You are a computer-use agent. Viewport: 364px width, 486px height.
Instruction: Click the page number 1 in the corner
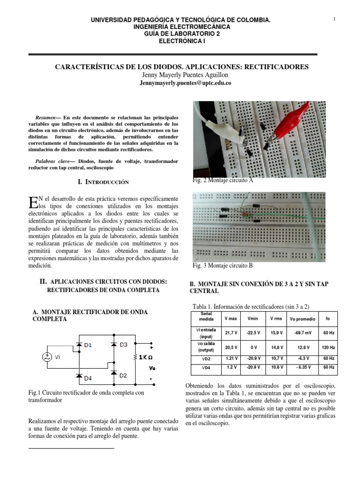pos(335,19)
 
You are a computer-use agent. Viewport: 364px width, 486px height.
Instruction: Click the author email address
pos(185,83)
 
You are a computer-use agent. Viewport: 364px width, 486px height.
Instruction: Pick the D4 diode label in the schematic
pos(89,378)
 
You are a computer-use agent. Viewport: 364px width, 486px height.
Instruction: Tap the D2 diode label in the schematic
pos(124,375)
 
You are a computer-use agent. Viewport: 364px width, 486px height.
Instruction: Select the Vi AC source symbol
pos(48,357)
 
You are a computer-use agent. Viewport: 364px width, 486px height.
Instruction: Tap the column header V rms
pos(275,318)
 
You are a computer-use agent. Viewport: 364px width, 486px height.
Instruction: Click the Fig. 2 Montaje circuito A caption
pos(223,181)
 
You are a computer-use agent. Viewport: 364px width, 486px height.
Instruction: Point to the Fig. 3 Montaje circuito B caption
pos(223,265)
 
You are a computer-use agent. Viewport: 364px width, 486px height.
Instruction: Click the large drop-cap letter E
pos(33,202)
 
